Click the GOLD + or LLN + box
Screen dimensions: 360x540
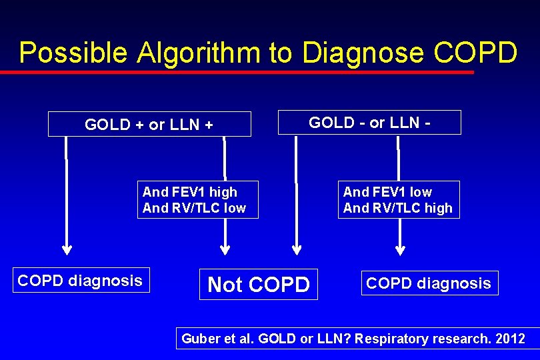(x=149, y=124)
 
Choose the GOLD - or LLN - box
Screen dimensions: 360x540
(x=369, y=123)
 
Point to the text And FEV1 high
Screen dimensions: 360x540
(x=190, y=192)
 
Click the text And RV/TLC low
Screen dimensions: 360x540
(x=194, y=208)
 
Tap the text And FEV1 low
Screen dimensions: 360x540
(x=387, y=192)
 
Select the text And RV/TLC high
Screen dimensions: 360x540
(x=397, y=208)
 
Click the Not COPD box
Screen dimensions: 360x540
(x=259, y=285)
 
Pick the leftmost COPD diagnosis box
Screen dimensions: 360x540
(x=80, y=281)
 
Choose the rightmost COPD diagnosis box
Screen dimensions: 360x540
(x=429, y=283)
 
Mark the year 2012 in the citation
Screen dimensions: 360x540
(x=510, y=339)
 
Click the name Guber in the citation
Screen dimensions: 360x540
(x=199, y=339)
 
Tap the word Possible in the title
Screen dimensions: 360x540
(x=74, y=53)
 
